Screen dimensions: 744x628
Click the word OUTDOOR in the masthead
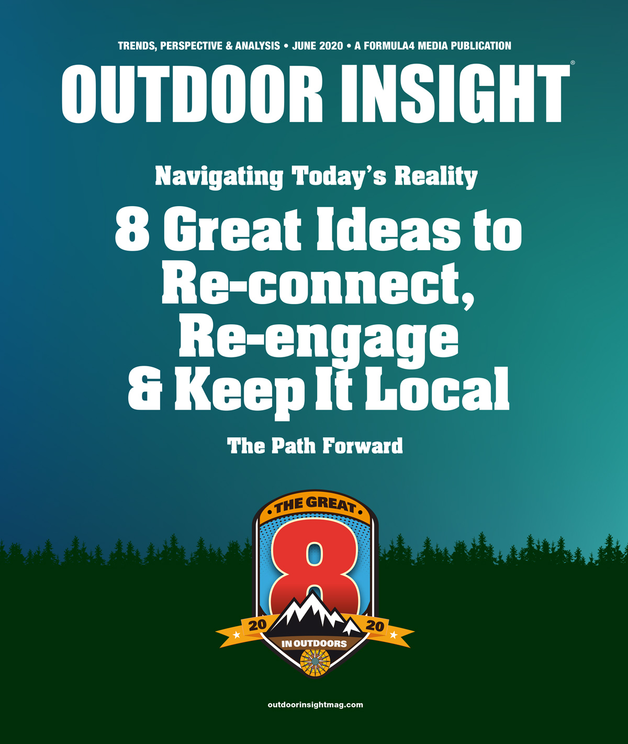[x=192, y=94]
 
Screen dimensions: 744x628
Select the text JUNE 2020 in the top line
[x=318, y=46]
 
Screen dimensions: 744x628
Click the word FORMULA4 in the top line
[x=389, y=46]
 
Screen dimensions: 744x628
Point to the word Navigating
[x=219, y=177]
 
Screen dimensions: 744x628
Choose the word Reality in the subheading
[x=435, y=177]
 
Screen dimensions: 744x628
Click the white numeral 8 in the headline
[x=132, y=230]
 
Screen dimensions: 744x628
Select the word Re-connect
[x=318, y=284]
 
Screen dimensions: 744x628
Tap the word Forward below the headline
[x=362, y=446]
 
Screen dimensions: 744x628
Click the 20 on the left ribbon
[x=257, y=625]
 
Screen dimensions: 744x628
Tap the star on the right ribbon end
[x=394, y=635]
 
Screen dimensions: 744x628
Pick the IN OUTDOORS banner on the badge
[x=314, y=644]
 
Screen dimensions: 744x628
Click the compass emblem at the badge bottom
[x=315, y=661]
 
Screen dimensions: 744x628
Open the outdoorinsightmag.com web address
[x=315, y=705]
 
